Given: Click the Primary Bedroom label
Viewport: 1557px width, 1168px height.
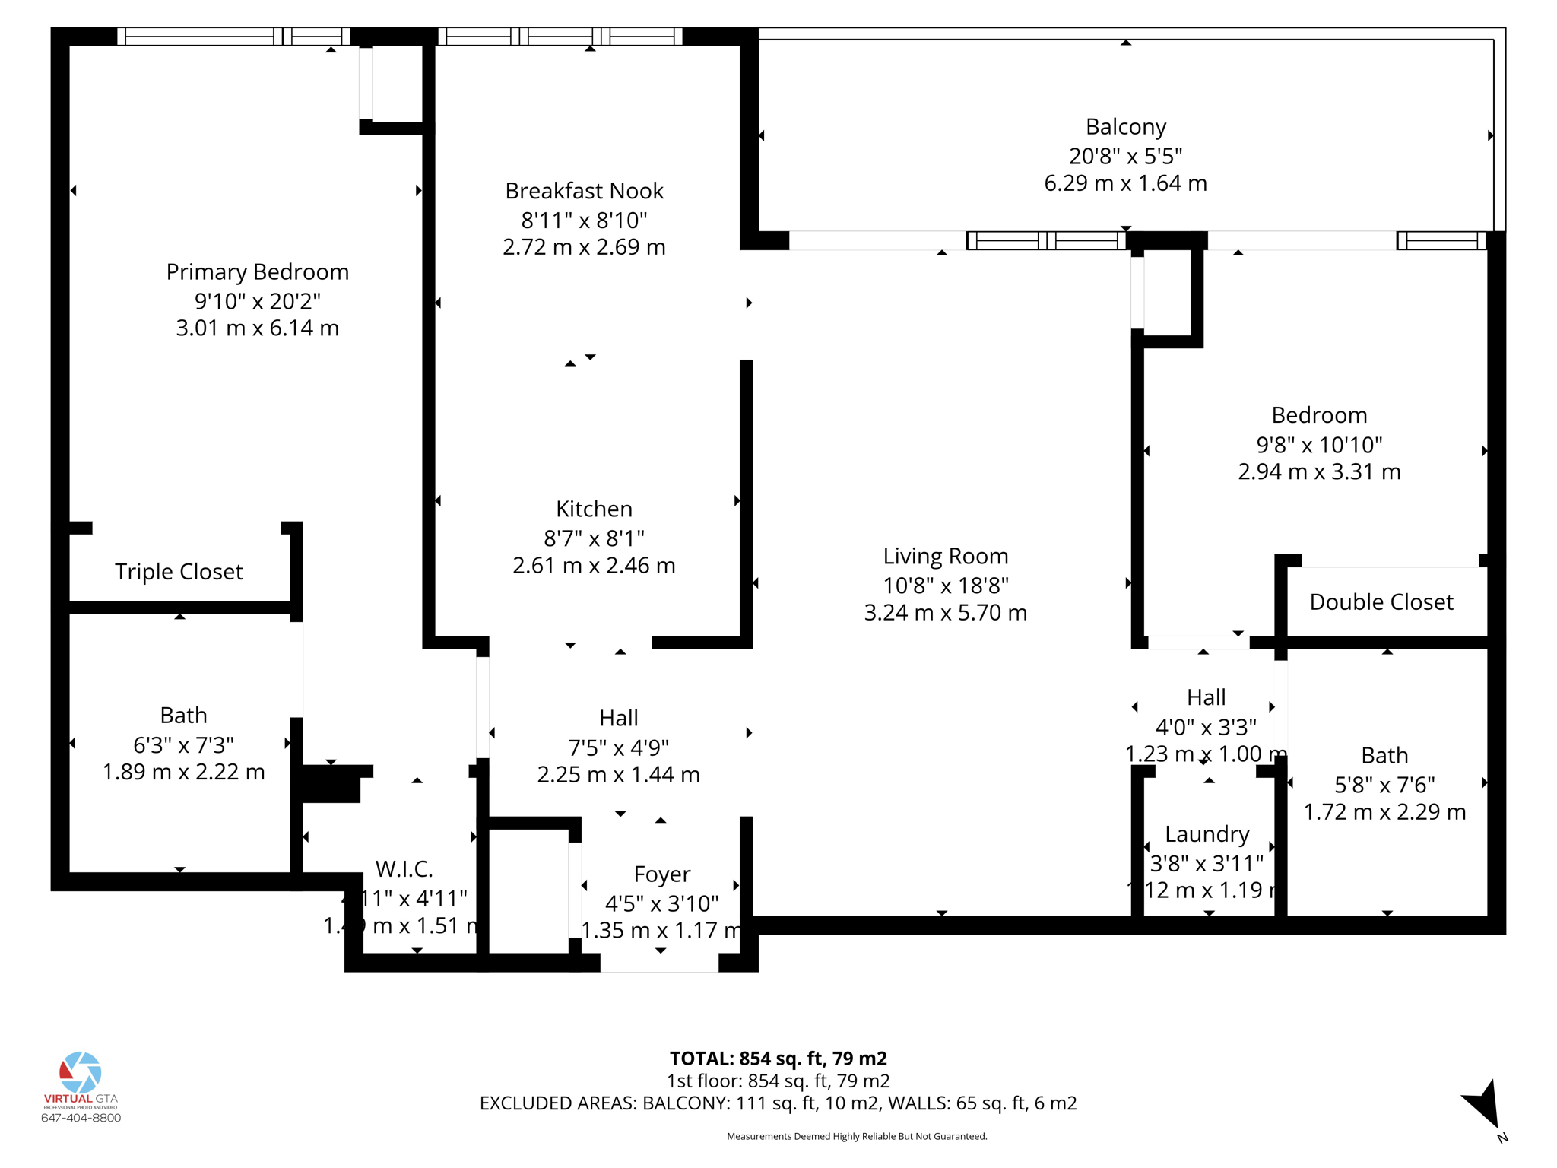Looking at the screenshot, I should click(257, 271).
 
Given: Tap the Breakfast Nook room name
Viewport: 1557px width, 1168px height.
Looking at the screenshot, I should click(584, 191).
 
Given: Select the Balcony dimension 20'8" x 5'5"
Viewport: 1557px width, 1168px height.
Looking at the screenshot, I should click(1125, 156).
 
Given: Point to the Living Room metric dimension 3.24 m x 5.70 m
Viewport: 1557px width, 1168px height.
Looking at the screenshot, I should click(945, 613).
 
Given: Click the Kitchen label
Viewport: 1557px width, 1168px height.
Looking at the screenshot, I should click(594, 509).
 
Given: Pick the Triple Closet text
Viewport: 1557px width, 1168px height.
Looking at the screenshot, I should click(179, 572).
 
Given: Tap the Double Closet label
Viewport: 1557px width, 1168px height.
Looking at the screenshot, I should click(1381, 602).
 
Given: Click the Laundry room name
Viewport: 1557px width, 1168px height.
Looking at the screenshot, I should click(1207, 834).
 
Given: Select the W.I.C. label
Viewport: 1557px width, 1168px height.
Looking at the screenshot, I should click(404, 868).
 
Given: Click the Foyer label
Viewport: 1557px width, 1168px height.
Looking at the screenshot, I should click(661, 874).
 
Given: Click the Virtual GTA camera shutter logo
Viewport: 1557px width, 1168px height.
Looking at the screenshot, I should click(81, 1072).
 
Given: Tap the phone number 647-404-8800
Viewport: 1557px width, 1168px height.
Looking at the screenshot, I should click(81, 1118).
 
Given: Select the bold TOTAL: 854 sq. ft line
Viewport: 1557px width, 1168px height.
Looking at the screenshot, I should click(778, 1058).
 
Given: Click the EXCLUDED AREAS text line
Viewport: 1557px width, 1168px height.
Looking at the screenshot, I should click(778, 1103).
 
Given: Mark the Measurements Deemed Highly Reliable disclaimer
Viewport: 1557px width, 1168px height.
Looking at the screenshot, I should click(857, 1137).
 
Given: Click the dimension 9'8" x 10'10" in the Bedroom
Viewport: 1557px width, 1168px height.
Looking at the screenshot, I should click(1319, 445).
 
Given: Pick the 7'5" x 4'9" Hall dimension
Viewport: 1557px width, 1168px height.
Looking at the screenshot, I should click(618, 748).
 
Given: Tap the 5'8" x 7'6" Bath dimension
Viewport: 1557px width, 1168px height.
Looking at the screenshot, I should click(1384, 786).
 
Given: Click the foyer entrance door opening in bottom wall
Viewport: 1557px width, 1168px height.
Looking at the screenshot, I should click(659, 963).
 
